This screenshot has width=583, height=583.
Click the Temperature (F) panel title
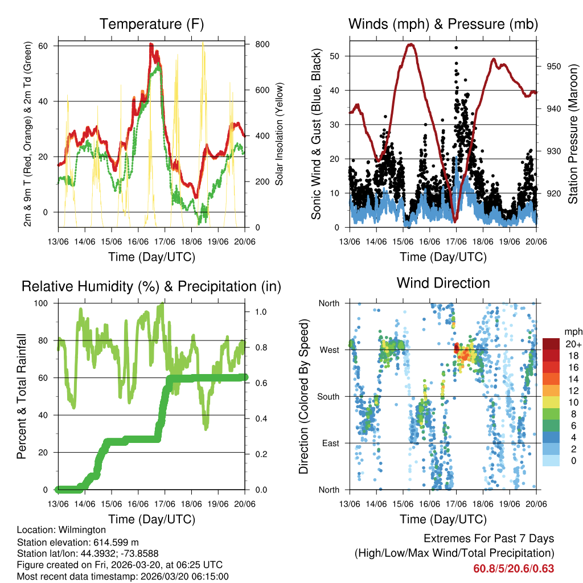tap(151, 24)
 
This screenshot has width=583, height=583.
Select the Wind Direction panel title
tap(443, 282)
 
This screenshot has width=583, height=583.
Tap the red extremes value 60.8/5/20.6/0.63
tap(514, 568)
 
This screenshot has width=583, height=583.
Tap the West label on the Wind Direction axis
tap(329, 350)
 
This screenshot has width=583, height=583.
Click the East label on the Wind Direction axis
tap(330, 443)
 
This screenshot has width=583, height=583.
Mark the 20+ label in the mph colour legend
tap(572, 344)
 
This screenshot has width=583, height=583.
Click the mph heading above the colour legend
tap(573, 331)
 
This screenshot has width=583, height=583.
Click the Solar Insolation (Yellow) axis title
tap(280, 134)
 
